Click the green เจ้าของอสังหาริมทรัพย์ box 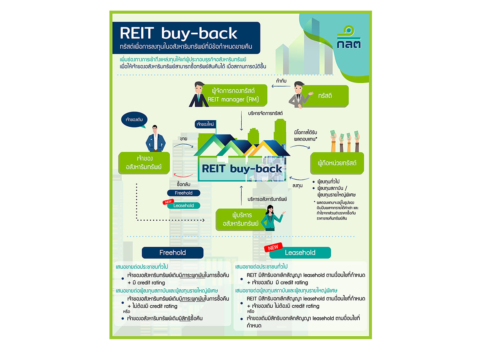pos(144,163)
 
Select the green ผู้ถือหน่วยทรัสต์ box pos(337,163)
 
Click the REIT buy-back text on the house pos(242,169)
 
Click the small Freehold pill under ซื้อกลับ pos(183,193)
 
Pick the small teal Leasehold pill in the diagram pos(183,206)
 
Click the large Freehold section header pos(172,253)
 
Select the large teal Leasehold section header pos(300,253)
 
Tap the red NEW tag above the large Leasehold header pos(273,247)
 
